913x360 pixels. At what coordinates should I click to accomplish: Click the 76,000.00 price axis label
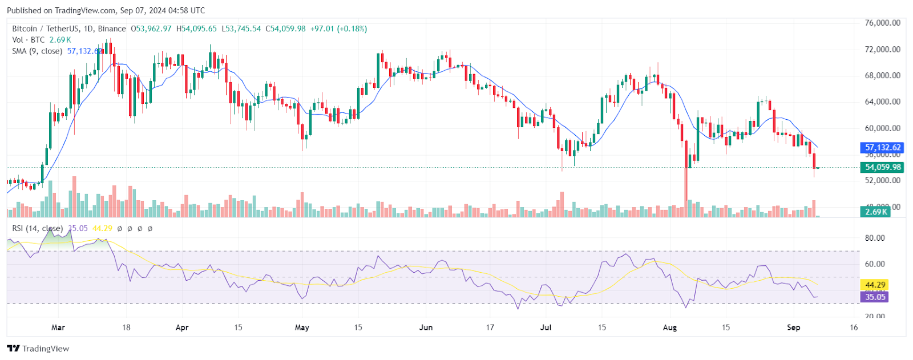pyautogui.click(x=882, y=23)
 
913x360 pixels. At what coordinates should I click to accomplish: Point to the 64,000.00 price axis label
pyautogui.click(x=882, y=102)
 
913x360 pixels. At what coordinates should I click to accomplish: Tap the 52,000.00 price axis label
pyautogui.click(x=882, y=180)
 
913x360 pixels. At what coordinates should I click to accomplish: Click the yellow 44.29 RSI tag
pyautogui.click(x=875, y=285)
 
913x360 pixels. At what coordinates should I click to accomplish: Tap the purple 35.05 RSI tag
pyautogui.click(x=875, y=297)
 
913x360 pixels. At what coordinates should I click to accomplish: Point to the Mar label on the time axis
pyautogui.click(x=58, y=327)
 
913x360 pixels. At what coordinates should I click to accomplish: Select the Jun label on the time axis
pyautogui.click(x=426, y=327)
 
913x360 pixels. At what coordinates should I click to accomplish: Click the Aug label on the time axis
pyautogui.click(x=670, y=327)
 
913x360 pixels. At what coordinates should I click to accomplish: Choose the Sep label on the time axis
pyautogui.click(x=793, y=327)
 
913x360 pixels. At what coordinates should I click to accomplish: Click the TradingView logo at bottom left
pyautogui.click(x=38, y=349)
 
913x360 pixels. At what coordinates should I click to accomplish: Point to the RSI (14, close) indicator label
pyautogui.click(x=38, y=228)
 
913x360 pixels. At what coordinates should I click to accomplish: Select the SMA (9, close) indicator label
pyautogui.click(x=37, y=51)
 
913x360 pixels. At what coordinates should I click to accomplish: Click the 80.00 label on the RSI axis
pyautogui.click(x=875, y=238)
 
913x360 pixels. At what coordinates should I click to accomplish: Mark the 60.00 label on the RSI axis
pyautogui.click(x=875, y=264)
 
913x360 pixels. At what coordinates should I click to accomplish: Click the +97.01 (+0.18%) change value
pyautogui.click(x=338, y=29)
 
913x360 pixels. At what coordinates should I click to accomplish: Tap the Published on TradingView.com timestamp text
pyautogui.click(x=106, y=10)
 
